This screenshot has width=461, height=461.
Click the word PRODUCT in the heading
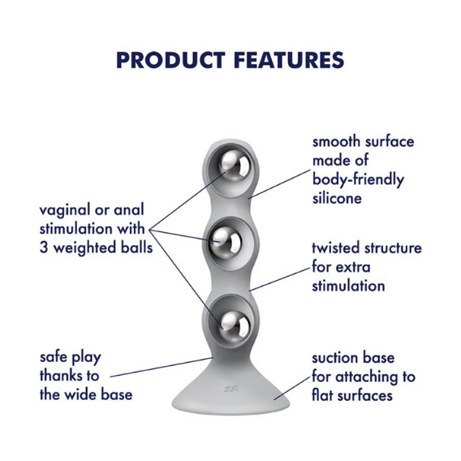click(x=170, y=60)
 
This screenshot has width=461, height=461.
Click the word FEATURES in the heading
click(x=289, y=60)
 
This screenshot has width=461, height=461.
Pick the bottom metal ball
click(x=235, y=324)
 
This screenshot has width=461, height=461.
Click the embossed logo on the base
click(x=230, y=390)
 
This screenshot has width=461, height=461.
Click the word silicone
click(x=337, y=198)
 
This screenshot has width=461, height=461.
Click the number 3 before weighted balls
click(x=44, y=248)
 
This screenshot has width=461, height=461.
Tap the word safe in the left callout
click(x=54, y=357)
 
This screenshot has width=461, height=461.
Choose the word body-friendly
click(x=358, y=180)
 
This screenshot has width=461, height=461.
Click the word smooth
click(x=336, y=142)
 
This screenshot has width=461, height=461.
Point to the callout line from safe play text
click(x=162, y=367)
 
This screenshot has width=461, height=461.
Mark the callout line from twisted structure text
click(x=280, y=279)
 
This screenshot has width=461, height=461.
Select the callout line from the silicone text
click(x=279, y=184)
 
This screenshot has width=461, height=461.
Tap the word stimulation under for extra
click(x=348, y=286)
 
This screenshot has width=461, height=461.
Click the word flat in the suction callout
click(x=322, y=394)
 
